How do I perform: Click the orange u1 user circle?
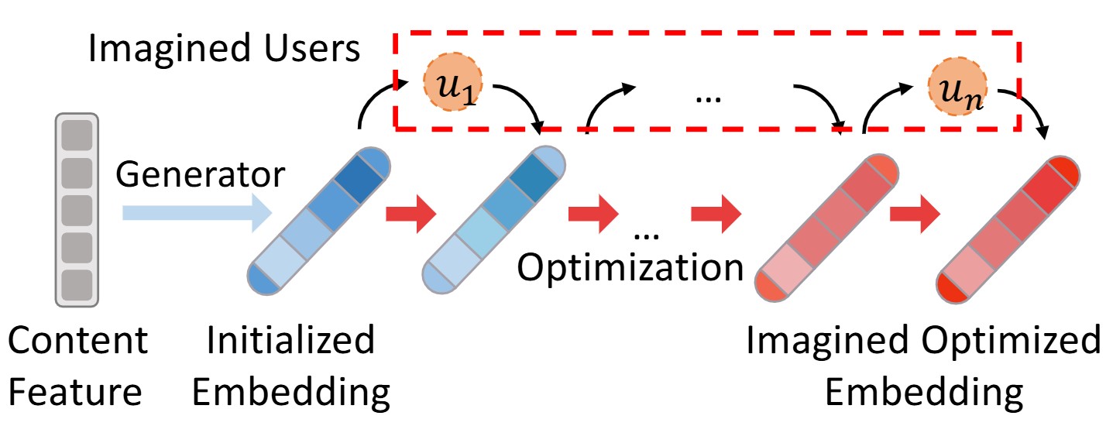(x=447, y=81)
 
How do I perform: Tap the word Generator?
(x=200, y=176)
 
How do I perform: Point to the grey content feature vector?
(x=77, y=211)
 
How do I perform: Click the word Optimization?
(x=630, y=268)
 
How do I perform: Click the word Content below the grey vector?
(x=77, y=342)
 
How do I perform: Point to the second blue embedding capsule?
(x=494, y=219)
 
